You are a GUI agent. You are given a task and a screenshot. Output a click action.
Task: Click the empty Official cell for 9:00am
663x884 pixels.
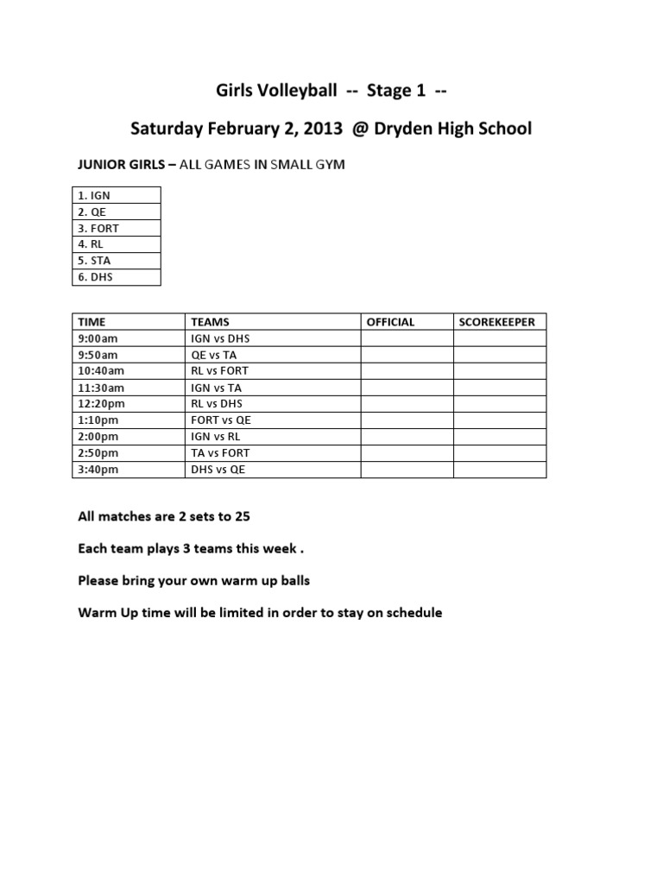407,338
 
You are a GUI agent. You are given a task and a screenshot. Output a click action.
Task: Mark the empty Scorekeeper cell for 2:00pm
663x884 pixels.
500,437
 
